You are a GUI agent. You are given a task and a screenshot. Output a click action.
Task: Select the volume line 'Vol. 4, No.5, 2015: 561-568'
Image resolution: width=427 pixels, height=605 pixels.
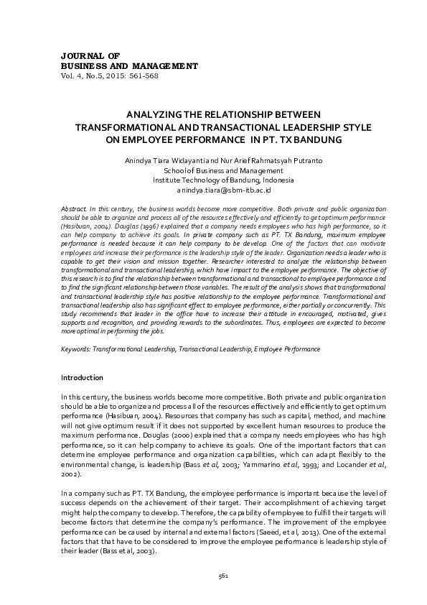coord(110,75)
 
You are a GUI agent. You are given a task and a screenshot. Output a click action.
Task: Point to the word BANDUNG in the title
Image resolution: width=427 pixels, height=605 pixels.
coord(314,139)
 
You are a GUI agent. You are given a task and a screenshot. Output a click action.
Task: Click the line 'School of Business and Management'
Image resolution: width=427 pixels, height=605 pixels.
coord(223,171)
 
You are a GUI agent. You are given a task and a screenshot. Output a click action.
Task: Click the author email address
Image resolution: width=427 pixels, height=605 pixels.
coord(223,191)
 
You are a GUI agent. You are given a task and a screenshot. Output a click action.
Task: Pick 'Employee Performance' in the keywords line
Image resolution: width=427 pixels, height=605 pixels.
coord(286,348)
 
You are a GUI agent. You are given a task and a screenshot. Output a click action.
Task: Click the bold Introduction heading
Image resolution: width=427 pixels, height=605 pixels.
coord(82,378)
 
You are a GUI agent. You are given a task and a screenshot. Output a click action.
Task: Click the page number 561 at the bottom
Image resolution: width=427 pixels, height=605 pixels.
coord(222,576)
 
